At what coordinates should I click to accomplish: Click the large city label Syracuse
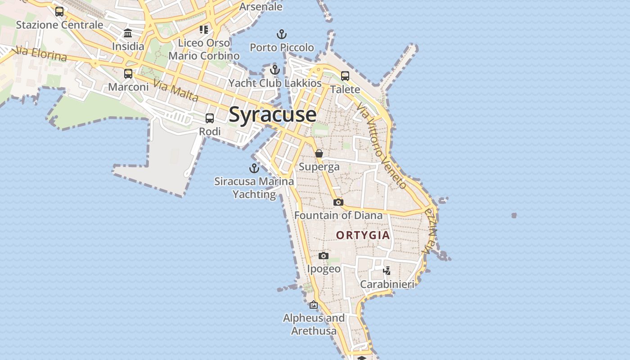(x=273, y=114)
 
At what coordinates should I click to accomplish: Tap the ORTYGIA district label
(x=363, y=235)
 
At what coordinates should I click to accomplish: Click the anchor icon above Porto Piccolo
(x=281, y=34)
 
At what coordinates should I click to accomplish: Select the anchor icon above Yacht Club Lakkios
(x=275, y=70)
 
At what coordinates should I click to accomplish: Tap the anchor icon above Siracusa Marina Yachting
(x=254, y=168)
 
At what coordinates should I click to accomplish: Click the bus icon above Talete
(x=345, y=76)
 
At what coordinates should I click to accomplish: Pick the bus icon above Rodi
(x=210, y=118)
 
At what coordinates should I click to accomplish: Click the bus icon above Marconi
(x=128, y=73)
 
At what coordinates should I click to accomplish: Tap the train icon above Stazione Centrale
(x=59, y=12)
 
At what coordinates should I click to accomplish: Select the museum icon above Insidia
(x=128, y=33)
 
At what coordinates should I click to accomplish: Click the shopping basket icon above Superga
(x=319, y=153)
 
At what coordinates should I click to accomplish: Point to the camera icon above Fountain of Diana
(x=338, y=202)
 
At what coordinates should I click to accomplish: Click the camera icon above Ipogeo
(x=324, y=256)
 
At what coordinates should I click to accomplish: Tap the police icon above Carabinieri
(x=387, y=270)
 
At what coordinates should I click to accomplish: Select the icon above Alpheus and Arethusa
(x=314, y=305)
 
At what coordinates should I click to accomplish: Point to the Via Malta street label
(x=175, y=90)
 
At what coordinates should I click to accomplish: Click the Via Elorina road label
(x=40, y=54)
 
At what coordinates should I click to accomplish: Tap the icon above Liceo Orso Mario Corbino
(x=204, y=30)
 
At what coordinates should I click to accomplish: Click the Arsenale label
(x=261, y=6)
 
